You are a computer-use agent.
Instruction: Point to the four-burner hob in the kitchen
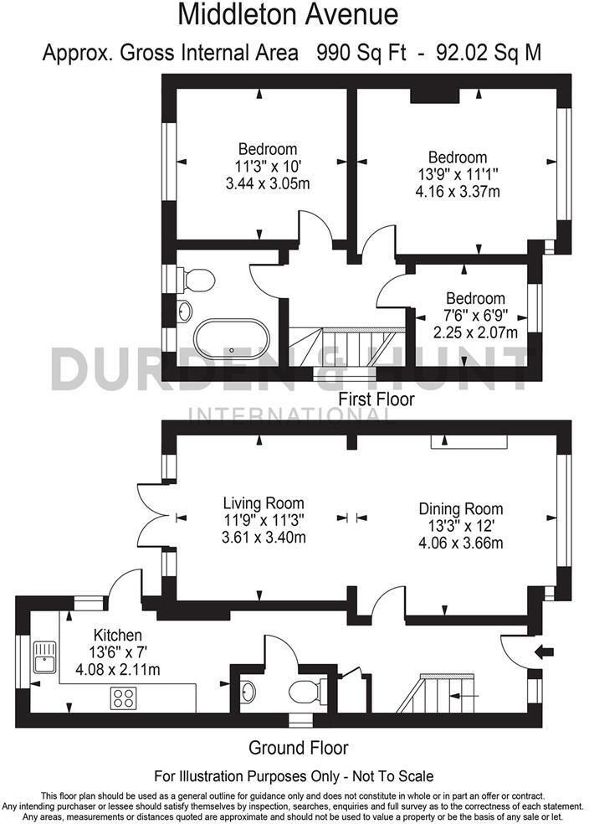click(125, 698)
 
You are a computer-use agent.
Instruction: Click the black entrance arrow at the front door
click(543, 652)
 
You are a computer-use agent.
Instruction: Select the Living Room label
click(263, 503)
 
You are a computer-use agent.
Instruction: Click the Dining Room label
click(460, 509)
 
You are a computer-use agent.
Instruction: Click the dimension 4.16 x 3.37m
click(458, 191)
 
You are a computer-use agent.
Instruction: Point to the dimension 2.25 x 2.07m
click(475, 332)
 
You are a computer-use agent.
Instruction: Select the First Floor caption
click(376, 400)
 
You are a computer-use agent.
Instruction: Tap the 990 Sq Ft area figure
click(361, 53)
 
